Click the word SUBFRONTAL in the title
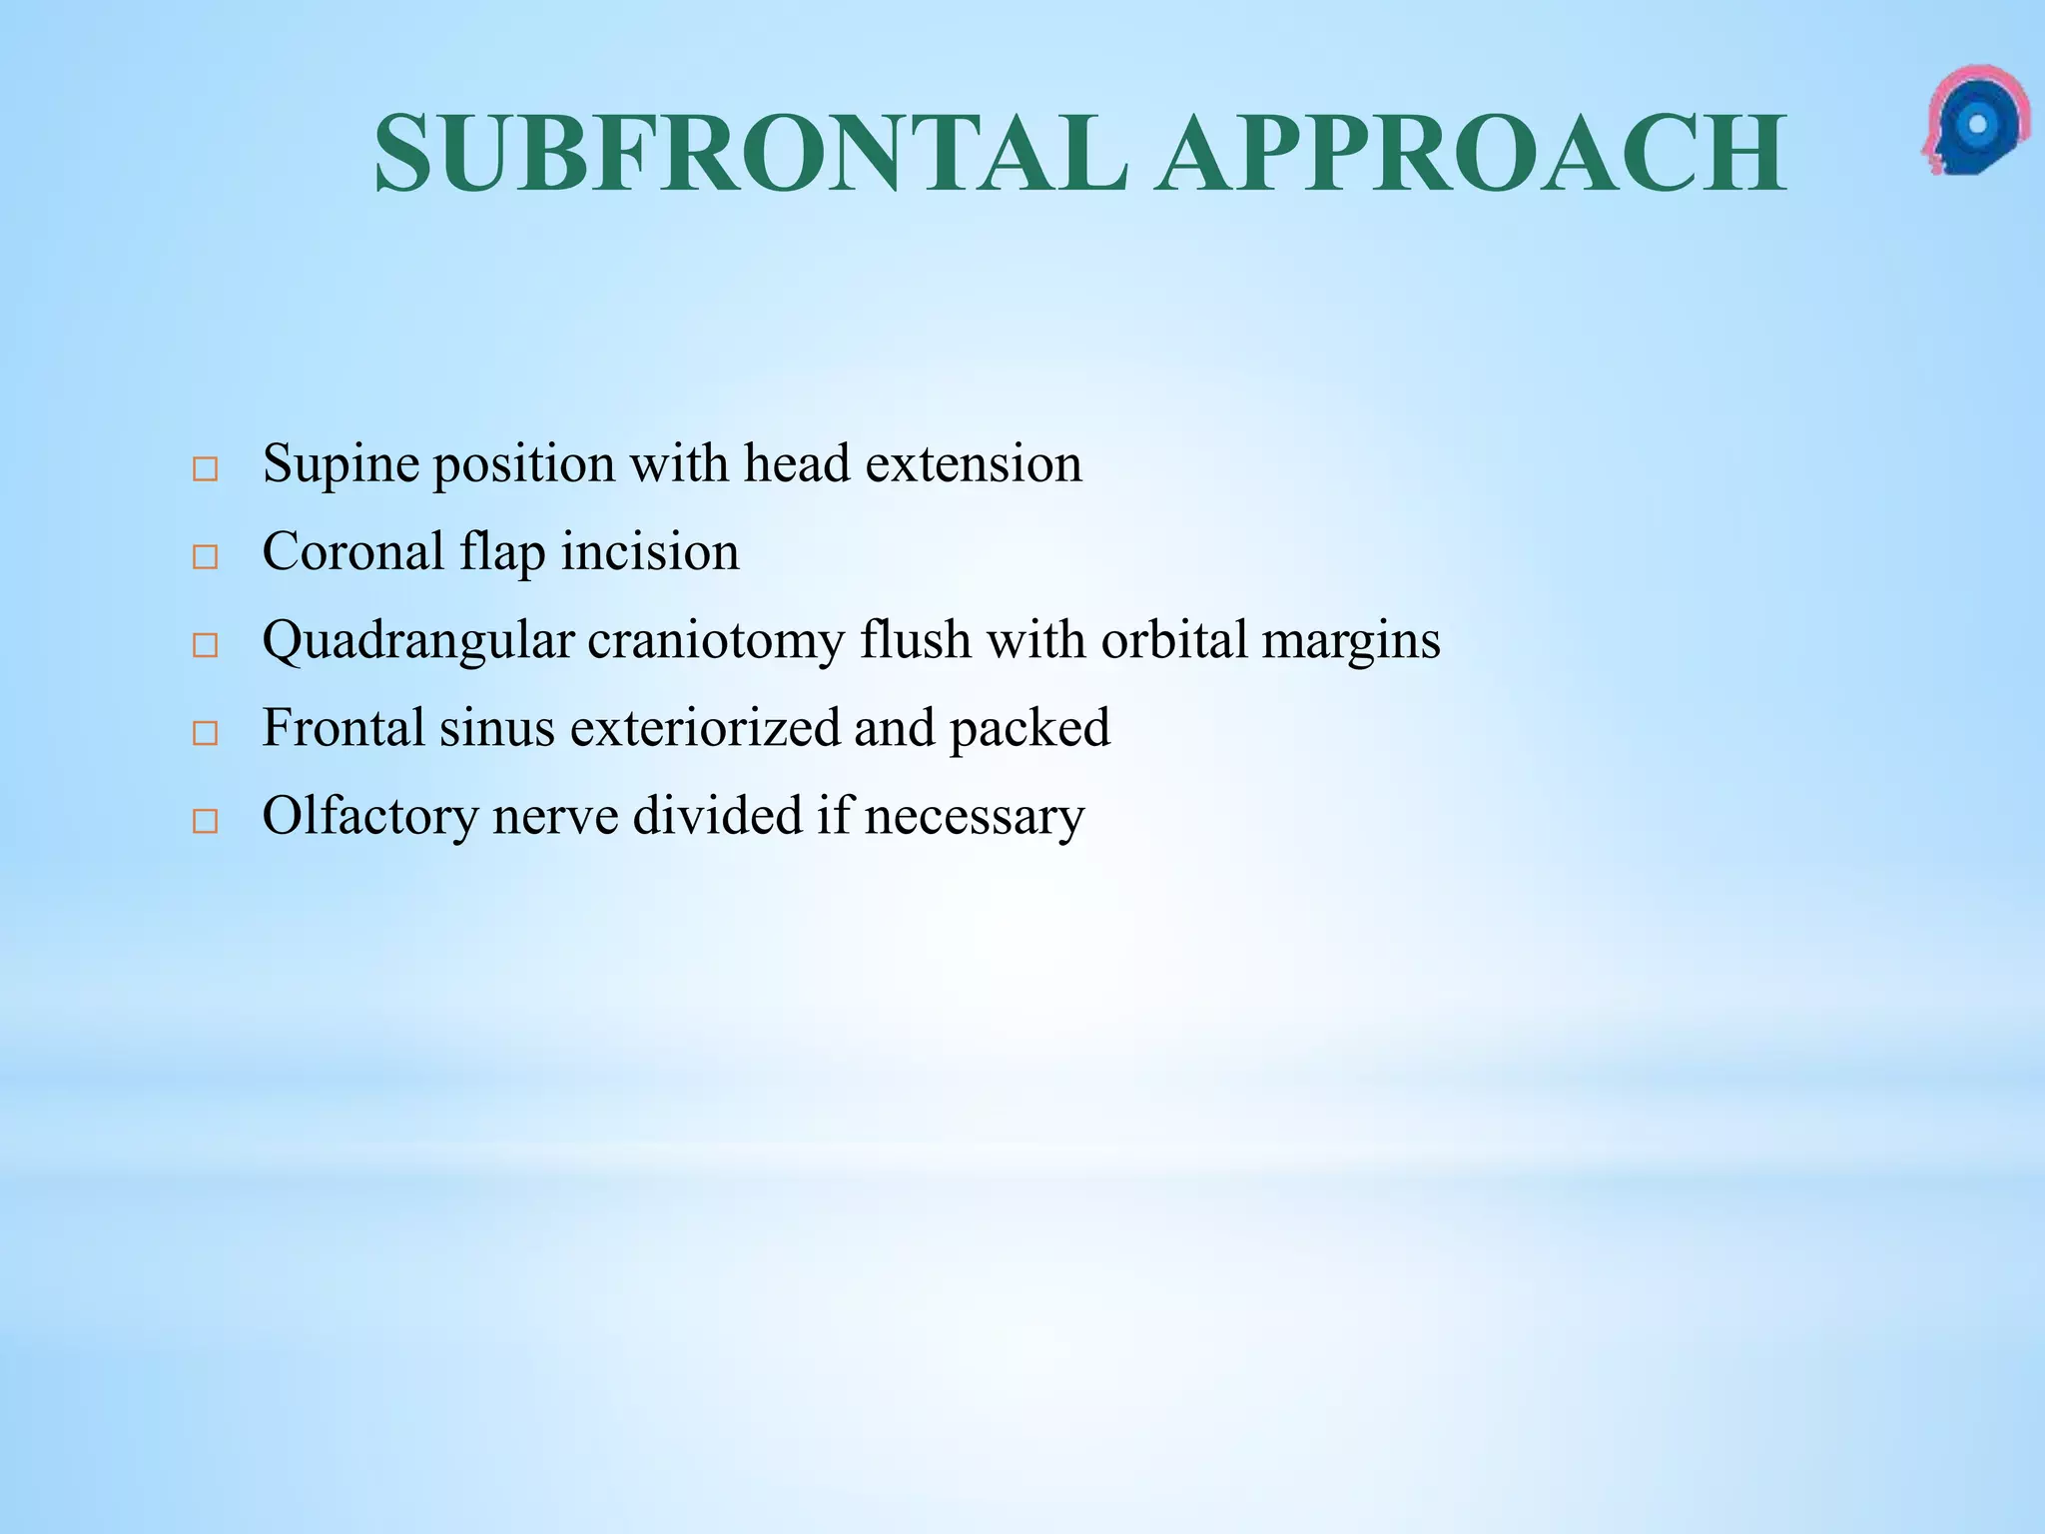pyautogui.click(x=751, y=154)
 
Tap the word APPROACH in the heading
pyautogui.click(x=1473, y=154)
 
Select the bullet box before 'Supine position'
pyautogui.click(x=205, y=468)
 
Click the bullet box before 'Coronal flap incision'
pyautogui.click(x=205, y=556)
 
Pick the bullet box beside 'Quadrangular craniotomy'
pyautogui.click(x=205, y=644)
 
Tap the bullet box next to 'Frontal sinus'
pyautogui.click(x=205, y=732)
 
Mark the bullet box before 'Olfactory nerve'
pyautogui.click(x=205, y=820)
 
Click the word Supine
pyautogui.click(x=340, y=465)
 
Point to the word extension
pyautogui.click(x=974, y=463)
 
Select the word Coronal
pyautogui.click(x=352, y=551)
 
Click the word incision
pyautogui.click(x=650, y=551)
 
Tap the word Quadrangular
pyautogui.click(x=418, y=641)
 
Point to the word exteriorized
pyautogui.click(x=705, y=727)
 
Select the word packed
pyautogui.click(x=1029, y=729)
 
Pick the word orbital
pyautogui.click(x=1174, y=639)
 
